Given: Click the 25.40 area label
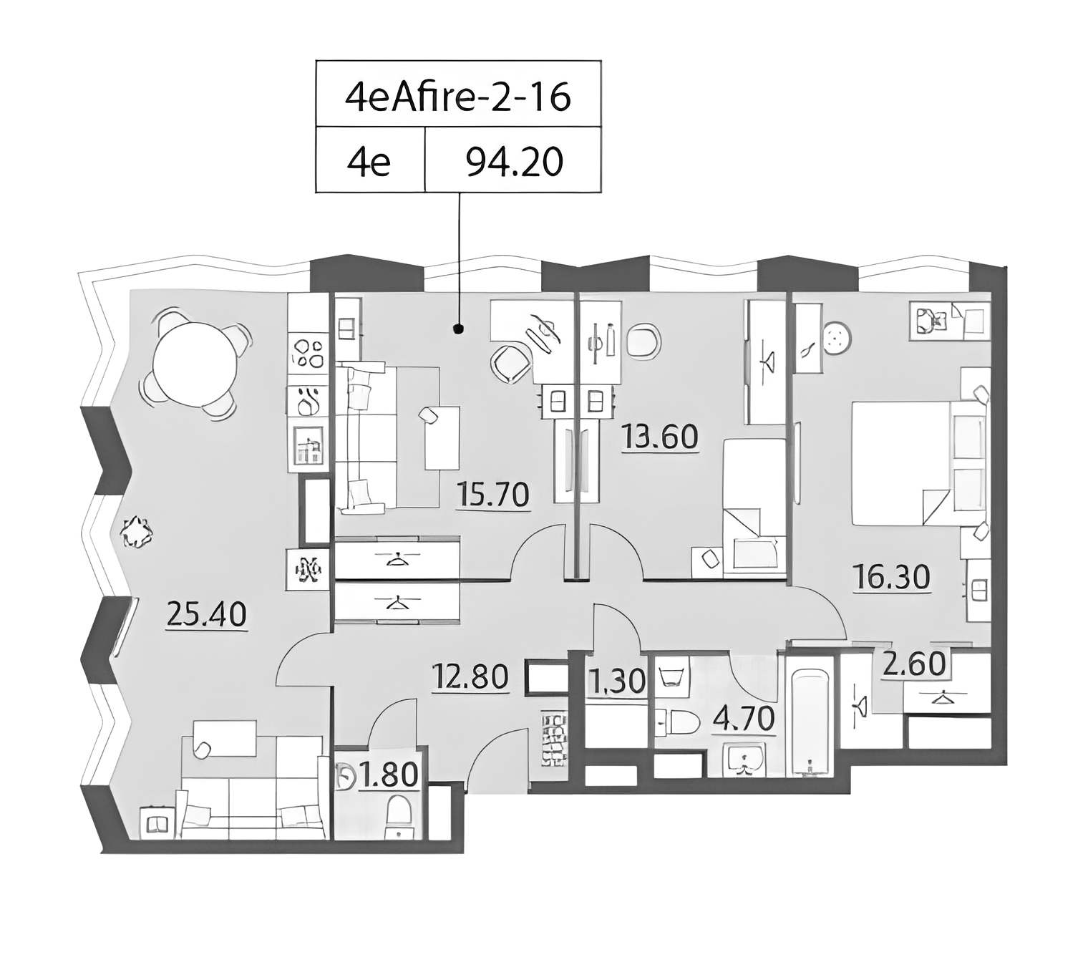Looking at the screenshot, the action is tap(206, 616).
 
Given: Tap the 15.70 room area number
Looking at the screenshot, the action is tap(492, 495).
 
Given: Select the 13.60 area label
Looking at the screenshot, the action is tap(659, 437).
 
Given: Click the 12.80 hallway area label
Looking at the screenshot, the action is tap(470, 676).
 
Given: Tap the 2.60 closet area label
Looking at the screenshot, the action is tap(915, 664).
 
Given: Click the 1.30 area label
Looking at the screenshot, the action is tap(618, 681).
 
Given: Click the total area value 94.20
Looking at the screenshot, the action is tap(514, 162).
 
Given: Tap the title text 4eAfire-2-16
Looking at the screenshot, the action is tap(458, 97).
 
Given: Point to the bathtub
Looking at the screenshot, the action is tap(810, 722).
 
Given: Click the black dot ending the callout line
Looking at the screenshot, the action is tap(459, 328).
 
